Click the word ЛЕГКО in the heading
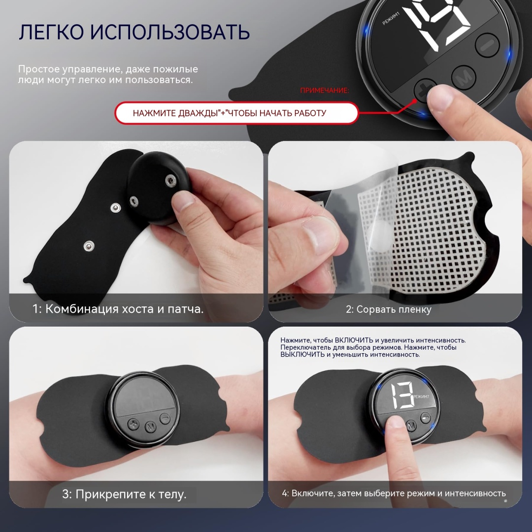pos(51,32)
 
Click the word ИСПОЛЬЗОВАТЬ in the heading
pos(170,32)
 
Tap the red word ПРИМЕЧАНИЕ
pos(324,90)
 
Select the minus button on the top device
pos(487,44)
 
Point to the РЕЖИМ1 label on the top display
pos(391,18)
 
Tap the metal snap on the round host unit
pos(170,180)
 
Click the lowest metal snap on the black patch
pos(89,245)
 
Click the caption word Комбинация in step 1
pos(82,309)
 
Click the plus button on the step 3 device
pos(133,425)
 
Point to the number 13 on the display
pos(402,396)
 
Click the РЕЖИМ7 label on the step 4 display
pos(421,397)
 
